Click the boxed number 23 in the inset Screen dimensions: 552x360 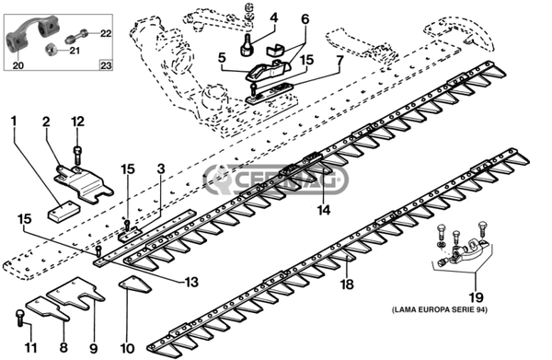click(x=106, y=65)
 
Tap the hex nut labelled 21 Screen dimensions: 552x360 click(x=52, y=51)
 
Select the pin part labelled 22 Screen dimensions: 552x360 click(x=76, y=36)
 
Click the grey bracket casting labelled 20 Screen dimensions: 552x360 click(x=30, y=32)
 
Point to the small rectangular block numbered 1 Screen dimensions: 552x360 click(x=63, y=211)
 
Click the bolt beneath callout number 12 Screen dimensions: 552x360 click(x=77, y=155)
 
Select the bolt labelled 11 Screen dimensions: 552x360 click(x=20, y=317)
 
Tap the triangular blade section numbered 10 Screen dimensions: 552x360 click(x=135, y=284)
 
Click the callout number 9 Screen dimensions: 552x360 click(x=93, y=348)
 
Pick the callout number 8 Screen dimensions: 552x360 click(x=63, y=347)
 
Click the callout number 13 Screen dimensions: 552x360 click(x=192, y=282)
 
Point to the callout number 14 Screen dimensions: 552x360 click(x=324, y=210)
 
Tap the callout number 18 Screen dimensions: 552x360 click(x=347, y=284)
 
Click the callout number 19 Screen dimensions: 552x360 click(x=476, y=298)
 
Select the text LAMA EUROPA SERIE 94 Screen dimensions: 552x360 click(x=440, y=310)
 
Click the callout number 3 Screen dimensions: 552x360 click(x=161, y=169)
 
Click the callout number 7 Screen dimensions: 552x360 click(x=339, y=61)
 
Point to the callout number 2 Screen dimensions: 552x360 click(x=46, y=122)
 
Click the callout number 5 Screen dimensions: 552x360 click(x=222, y=58)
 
